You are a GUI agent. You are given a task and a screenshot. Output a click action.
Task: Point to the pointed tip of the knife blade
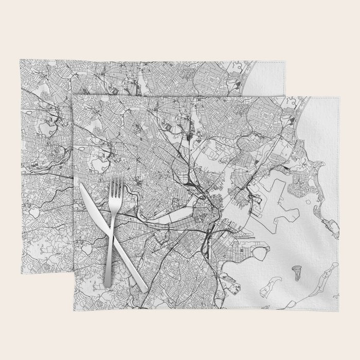click(81, 185)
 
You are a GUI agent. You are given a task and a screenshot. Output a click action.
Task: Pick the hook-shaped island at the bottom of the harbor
click(267, 291)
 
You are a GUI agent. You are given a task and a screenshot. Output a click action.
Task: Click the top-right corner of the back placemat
click(286, 61)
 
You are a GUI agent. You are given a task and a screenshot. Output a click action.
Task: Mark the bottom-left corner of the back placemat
click(22, 273)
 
